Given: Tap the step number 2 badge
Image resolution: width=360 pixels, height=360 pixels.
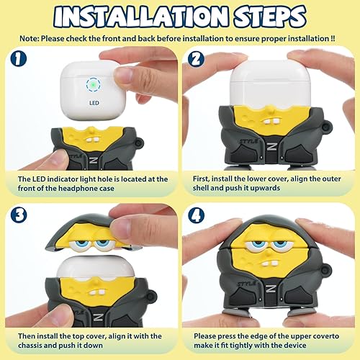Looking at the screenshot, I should (194, 60).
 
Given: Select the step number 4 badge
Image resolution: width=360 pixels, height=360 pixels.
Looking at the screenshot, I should (194, 214).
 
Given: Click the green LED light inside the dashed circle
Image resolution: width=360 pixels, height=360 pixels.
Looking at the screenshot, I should (93, 85).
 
